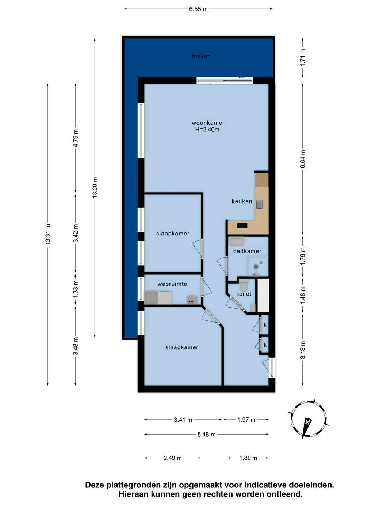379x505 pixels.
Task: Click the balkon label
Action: (x=201, y=56)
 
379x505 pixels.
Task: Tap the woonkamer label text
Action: (x=208, y=123)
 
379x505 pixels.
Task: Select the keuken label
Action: (x=242, y=201)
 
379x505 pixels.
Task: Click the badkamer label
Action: (x=248, y=251)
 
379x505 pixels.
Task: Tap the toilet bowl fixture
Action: (x=243, y=285)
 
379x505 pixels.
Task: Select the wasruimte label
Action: (x=172, y=284)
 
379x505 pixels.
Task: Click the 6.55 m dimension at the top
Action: (x=198, y=9)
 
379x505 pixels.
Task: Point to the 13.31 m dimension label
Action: (x=48, y=234)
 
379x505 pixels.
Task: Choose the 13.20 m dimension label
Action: (x=95, y=187)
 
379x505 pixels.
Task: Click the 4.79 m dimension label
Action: (x=76, y=138)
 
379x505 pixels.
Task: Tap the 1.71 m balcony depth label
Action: (x=303, y=58)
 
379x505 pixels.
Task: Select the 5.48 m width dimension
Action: (x=207, y=435)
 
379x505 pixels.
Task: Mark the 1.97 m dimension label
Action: (x=246, y=420)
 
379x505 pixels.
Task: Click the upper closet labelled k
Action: (x=265, y=325)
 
